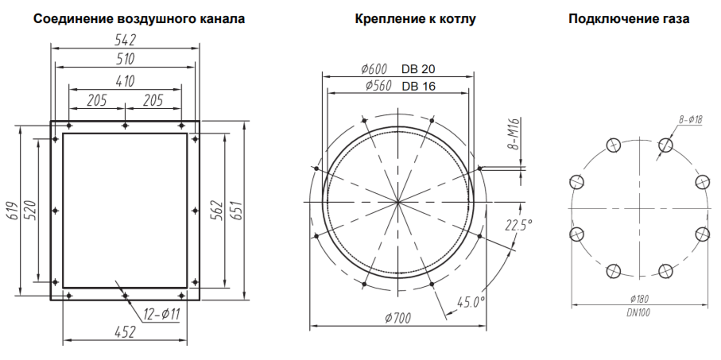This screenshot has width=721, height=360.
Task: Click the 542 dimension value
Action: [125, 40]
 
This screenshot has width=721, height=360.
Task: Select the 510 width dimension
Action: [125, 60]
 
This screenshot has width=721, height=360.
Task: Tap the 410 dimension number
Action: [125, 81]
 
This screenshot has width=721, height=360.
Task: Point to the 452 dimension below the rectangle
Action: [125, 331]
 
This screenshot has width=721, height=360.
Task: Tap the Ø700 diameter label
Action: [398, 318]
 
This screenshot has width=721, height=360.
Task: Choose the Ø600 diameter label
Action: [374, 69]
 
